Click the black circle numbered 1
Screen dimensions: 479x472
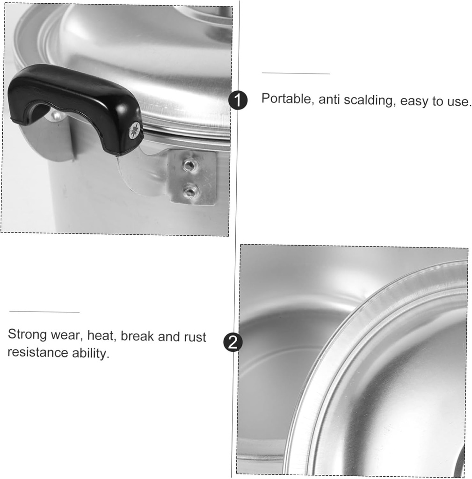click(x=238, y=101)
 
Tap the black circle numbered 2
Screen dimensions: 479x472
click(x=233, y=342)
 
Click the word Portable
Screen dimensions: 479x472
click(x=287, y=99)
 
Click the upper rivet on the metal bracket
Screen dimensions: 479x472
click(x=189, y=165)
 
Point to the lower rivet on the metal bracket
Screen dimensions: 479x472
click(x=190, y=191)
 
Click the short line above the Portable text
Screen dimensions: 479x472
click(x=296, y=73)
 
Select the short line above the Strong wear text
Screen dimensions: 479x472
click(x=44, y=312)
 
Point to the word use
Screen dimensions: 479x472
click(x=458, y=102)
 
